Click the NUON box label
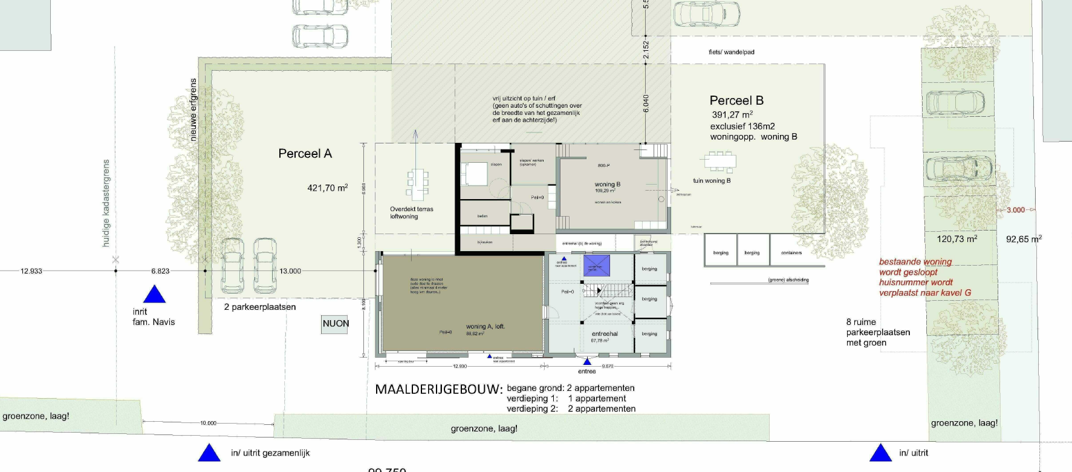click(x=336, y=324)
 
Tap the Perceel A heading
click(x=305, y=154)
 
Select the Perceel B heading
click(x=736, y=100)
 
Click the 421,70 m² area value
click(x=327, y=188)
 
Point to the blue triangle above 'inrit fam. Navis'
click(x=154, y=295)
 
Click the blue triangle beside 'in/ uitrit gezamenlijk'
click(x=209, y=453)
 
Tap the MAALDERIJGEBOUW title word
click(x=438, y=389)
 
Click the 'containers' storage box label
click(x=791, y=253)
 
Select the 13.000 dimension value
click(x=290, y=271)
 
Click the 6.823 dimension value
click(x=160, y=271)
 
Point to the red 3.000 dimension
click(x=1016, y=210)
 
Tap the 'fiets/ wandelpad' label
click(x=731, y=52)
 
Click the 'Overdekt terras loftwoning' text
click(x=411, y=212)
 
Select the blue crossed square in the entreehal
click(x=596, y=266)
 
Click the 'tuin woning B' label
click(x=711, y=180)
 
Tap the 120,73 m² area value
click(x=957, y=239)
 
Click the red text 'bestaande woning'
click(x=915, y=262)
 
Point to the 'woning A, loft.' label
click(x=485, y=327)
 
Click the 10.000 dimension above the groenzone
click(x=208, y=423)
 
